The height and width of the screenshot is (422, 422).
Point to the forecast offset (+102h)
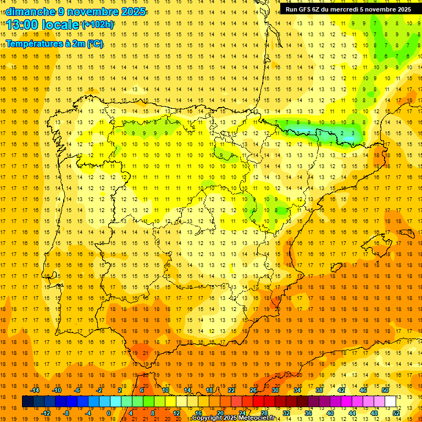(x=97, y=25)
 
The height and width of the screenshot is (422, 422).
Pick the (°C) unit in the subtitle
(x=95, y=43)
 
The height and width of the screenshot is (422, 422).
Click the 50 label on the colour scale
(x=385, y=390)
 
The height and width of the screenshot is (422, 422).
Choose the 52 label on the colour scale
(x=396, y=413)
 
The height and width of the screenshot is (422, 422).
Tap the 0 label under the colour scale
(x=109, y=413)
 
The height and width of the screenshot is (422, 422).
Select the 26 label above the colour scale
(x=253, y=390)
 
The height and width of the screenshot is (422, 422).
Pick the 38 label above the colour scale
(x=319, y=390)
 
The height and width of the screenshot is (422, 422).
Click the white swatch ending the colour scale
(x=390, y=402)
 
